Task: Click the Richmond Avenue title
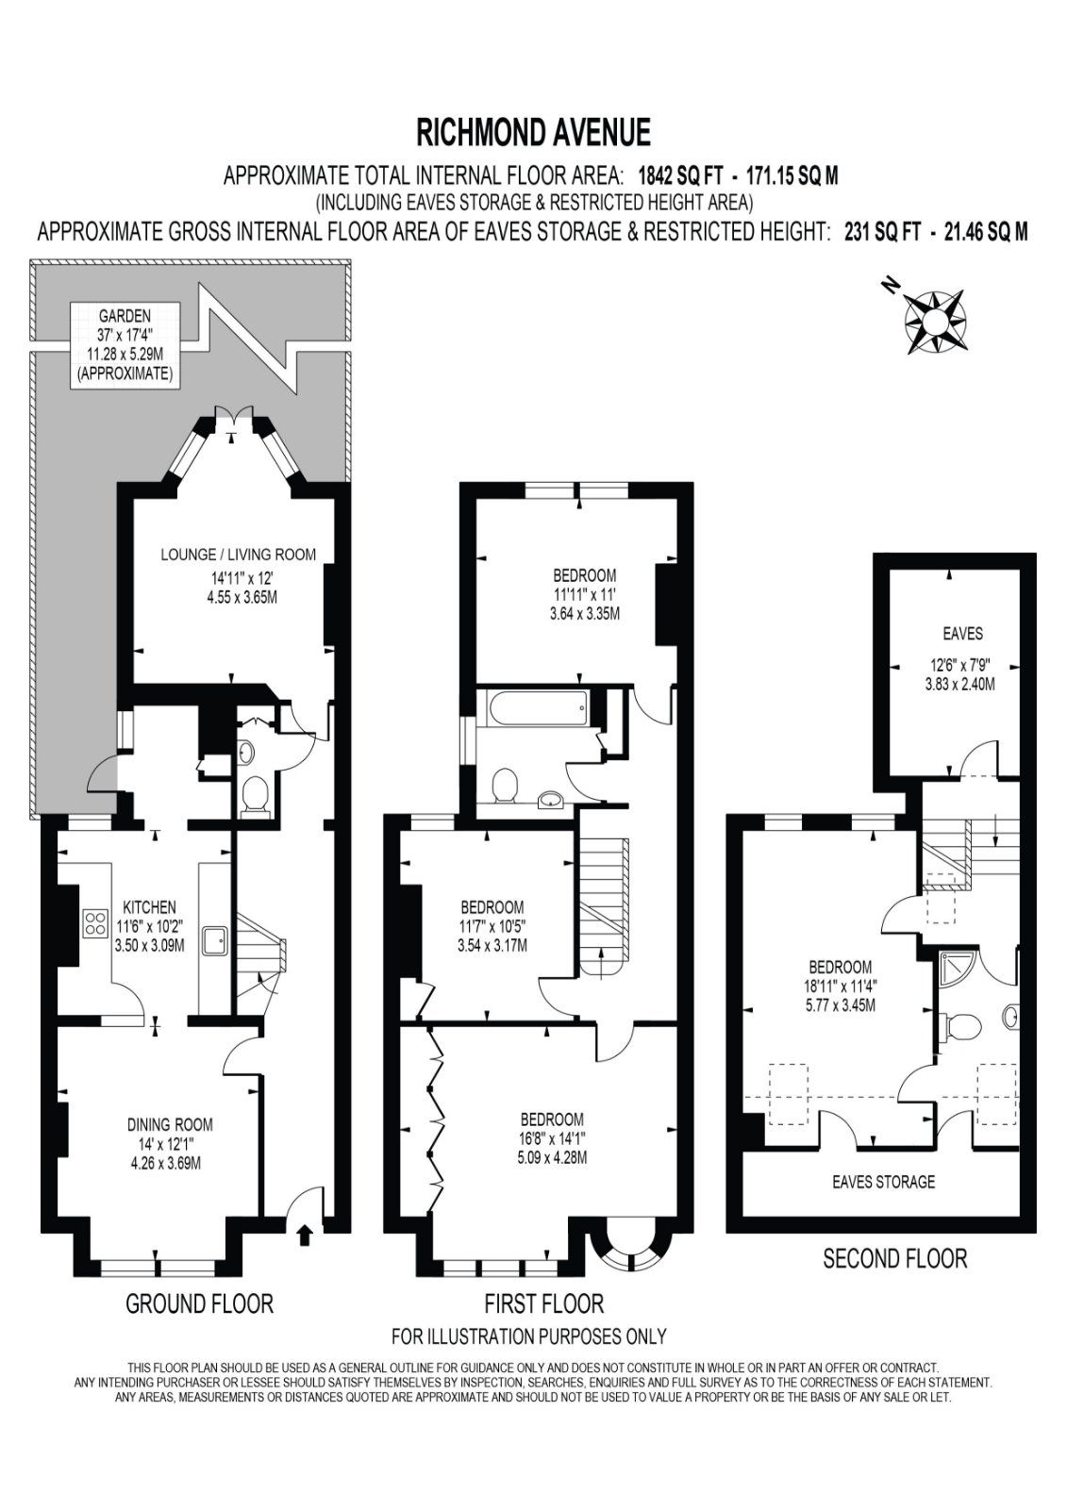pos(533,132)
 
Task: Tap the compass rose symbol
pos(933,319)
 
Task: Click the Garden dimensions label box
pos(125,344)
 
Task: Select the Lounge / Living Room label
pos(238,555)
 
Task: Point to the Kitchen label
pos(149,906)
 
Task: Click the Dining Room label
pos(170,1123)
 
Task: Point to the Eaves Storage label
pos(883,1181)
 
